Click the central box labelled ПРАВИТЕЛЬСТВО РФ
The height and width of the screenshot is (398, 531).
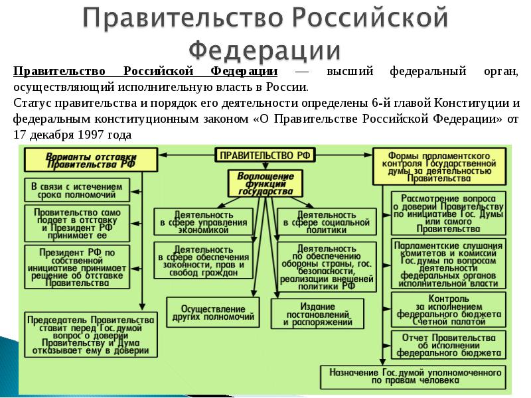pos(265,155)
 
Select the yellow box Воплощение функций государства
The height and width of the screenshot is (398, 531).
pos(265,184)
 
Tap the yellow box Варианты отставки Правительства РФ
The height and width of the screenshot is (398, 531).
pos(91,160)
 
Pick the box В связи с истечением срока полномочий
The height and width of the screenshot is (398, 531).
pos(77,190)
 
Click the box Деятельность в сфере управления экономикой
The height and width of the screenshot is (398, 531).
pos(203,222)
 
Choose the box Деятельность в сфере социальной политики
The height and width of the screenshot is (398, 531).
pos(327,222)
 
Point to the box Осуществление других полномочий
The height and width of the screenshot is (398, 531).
pos(213,312)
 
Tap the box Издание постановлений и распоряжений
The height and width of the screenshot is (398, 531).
pos(317,314)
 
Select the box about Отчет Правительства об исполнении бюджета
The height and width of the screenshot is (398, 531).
pos(449,345)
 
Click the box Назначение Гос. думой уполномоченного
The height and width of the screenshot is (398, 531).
pos(413,377)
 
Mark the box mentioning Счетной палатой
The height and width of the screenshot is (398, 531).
pos(449,310)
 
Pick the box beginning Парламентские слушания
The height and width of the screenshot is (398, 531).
pos(449,263)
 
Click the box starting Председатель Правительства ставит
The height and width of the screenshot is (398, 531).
pos(91,334)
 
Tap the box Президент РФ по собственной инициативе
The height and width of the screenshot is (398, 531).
pos(77,267)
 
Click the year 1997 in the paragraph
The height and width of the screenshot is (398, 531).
pos(90,135)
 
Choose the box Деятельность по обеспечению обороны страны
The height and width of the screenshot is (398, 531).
pos(327,267)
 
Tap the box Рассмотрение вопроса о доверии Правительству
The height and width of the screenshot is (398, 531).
pos(449,214)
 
